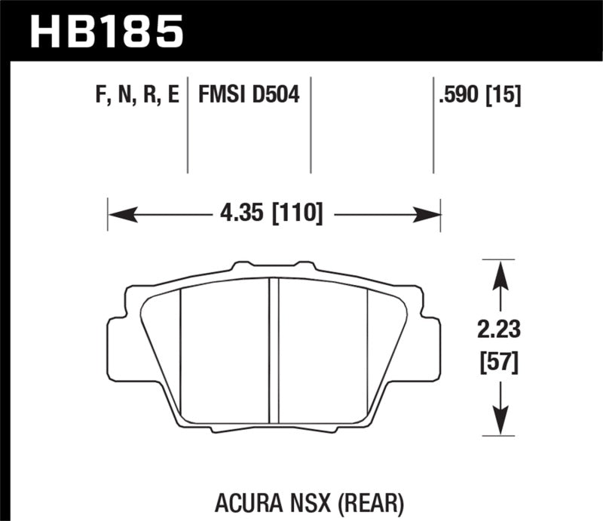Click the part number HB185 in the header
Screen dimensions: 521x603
pyautogui.click(x=106, y=32)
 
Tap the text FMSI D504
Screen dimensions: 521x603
pyautogui.click(x=248, y=96)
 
